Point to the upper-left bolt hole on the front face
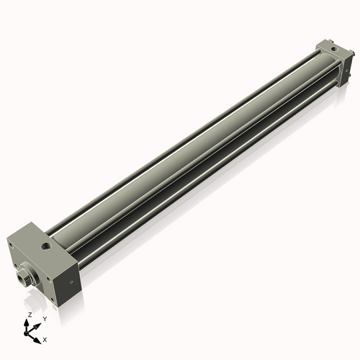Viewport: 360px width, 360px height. [14, 246]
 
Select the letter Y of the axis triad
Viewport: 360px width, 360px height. [44, 318]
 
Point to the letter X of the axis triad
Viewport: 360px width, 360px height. [45, 338]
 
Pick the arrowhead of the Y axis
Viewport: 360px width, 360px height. [37, 325]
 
